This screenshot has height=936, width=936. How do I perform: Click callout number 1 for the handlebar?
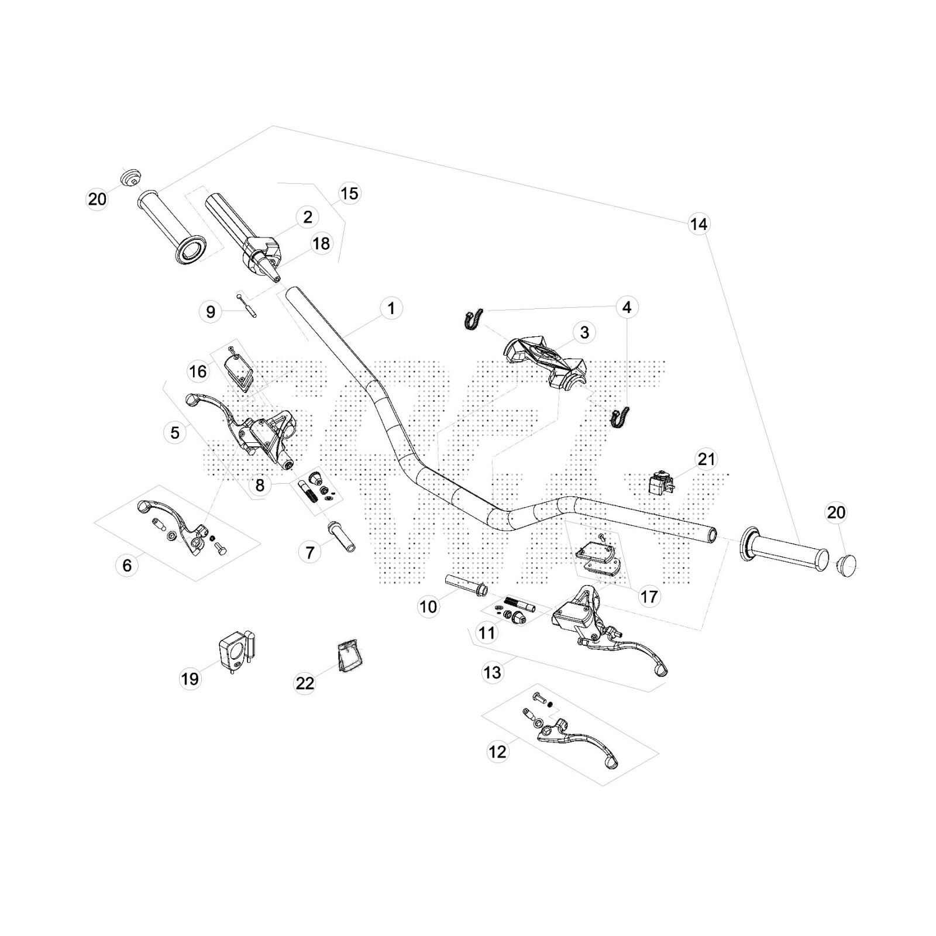point(391,308)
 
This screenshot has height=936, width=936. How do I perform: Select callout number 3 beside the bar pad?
point(584,332)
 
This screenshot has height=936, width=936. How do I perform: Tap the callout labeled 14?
point(698,224)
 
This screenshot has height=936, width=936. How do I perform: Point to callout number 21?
point(707,459)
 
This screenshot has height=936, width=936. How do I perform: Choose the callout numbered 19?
point(190,679)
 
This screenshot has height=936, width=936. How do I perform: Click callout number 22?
point(305,683)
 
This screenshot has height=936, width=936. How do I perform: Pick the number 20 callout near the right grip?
point(836,512)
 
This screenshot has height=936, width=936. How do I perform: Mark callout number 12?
point(497,752)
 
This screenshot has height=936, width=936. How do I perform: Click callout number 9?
point(211,312)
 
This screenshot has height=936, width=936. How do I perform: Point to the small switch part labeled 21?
point(659,482)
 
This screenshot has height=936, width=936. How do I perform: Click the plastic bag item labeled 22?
point(349,658)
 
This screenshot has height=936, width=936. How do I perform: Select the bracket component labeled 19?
point(236,651)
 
